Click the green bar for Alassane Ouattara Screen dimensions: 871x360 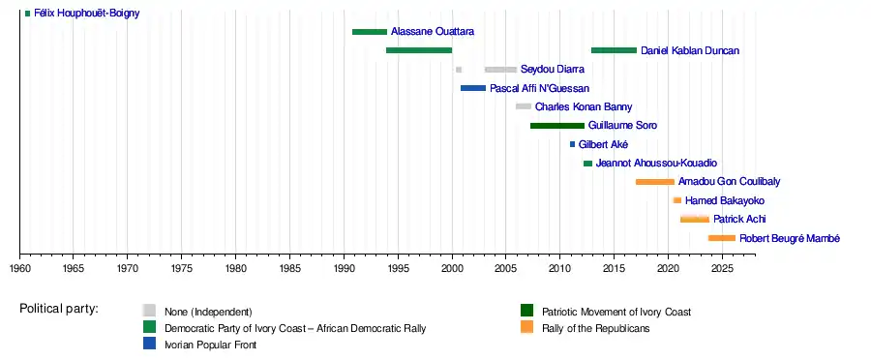tap(370, 32)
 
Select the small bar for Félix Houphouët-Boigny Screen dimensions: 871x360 tap(28, 14)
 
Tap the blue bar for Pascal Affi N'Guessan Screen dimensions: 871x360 tap(473, 88)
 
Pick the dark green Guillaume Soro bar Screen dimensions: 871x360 tap(557, 126)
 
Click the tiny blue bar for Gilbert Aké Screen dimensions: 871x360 tap(572, 144)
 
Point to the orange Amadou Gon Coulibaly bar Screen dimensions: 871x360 tap(655, 182)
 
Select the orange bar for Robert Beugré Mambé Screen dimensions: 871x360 tap(722, 238)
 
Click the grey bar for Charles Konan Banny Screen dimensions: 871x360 tap(524, 106)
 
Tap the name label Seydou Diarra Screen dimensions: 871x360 tap(553, 70)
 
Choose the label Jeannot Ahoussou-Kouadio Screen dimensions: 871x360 tap(656, 164)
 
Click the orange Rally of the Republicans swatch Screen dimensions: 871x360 tap(526, 328)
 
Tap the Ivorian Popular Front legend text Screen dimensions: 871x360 tap(211, 345)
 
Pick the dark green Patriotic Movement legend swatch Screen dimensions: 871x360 tap(526, 311)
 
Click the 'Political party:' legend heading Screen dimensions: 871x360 tap(59, 309)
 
